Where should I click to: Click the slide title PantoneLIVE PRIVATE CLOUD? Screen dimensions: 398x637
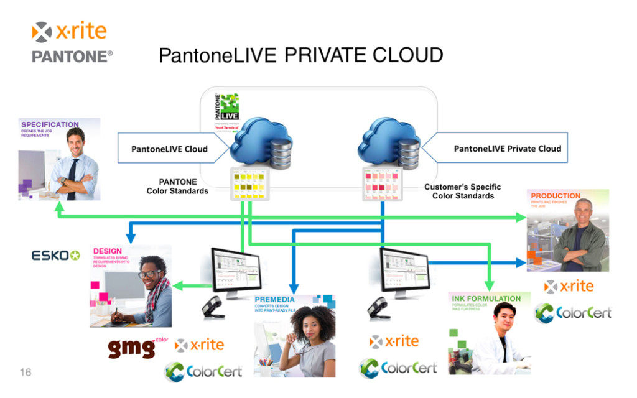click(x=300, y=55)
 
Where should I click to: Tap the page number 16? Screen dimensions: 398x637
click(x=26, y=373)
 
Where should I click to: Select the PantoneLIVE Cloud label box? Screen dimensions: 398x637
click(x=169, y=149)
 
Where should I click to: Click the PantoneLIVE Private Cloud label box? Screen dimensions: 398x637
click(x=507, y=149)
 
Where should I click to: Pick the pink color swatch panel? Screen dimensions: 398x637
click(x=382, y=184)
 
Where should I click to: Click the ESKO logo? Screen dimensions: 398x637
click(x=56, y=256)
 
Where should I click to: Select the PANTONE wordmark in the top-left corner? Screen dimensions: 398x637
click(x=72, y=57)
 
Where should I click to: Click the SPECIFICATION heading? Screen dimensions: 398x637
click(x=50, y=124)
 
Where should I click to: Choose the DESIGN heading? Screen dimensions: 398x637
click(x=107, y=251)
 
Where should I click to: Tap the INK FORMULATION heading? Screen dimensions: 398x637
click(x=486, y=298)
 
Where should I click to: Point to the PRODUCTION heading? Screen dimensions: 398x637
click(x=556, y=196)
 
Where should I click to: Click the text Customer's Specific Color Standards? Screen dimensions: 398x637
click(x=462, y=191)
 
